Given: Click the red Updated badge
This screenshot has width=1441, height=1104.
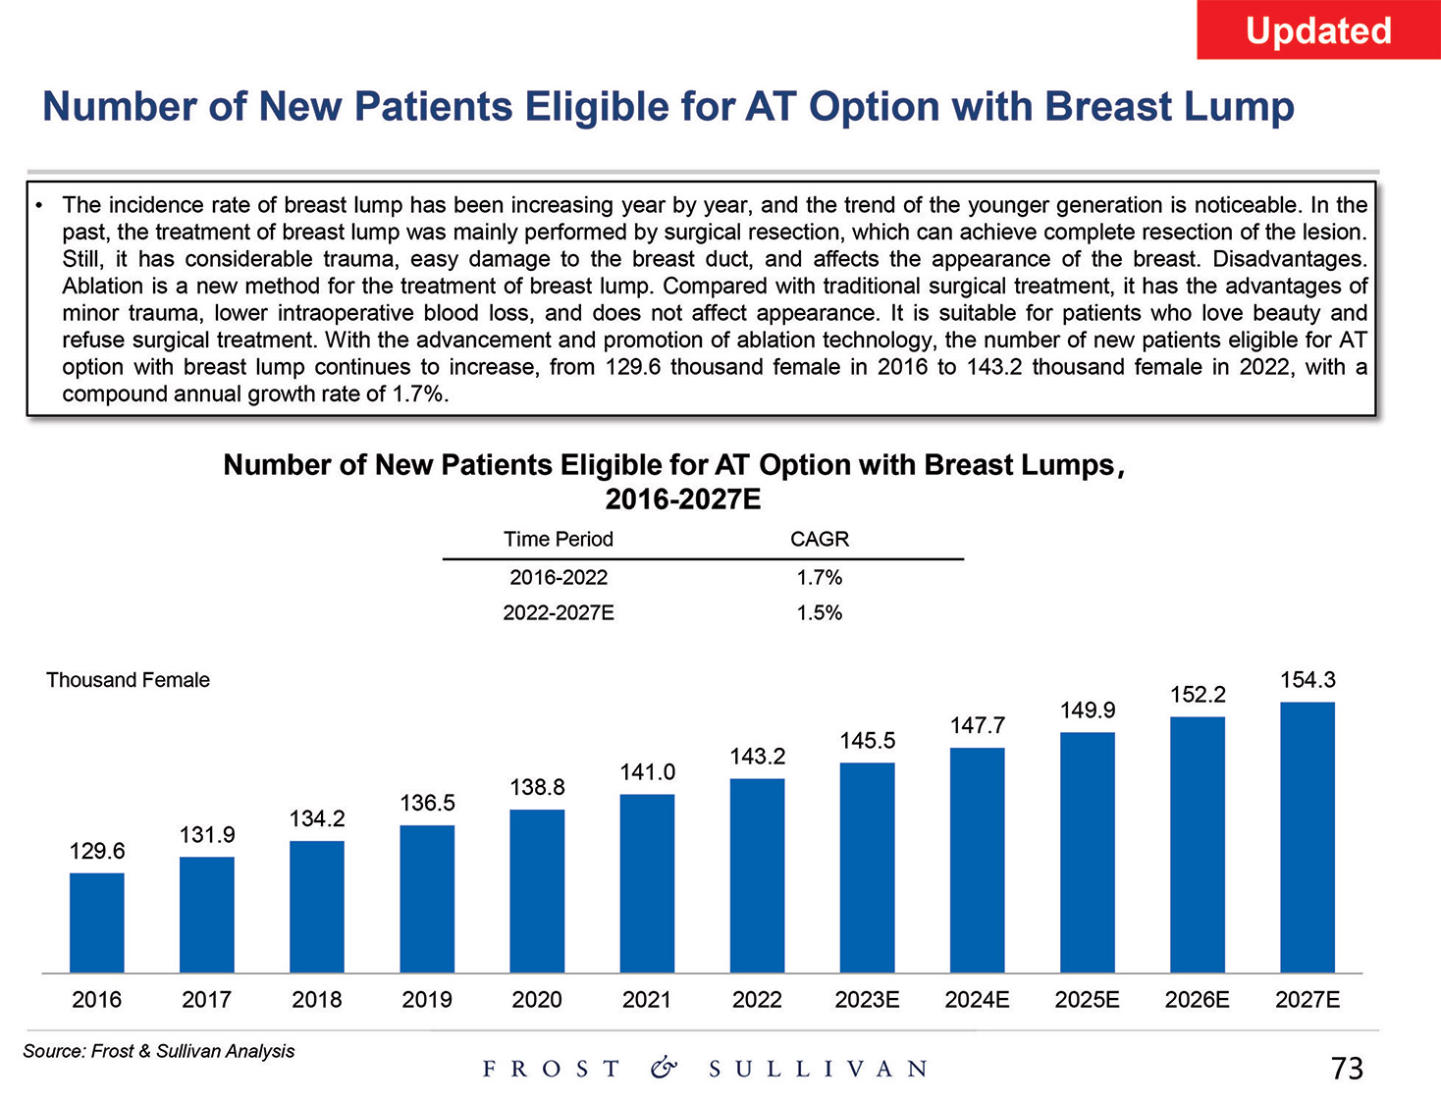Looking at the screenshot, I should [1317, 30].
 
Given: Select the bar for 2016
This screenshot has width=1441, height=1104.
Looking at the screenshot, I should [97, 922].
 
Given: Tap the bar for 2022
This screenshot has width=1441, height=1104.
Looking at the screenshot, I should [757, 875].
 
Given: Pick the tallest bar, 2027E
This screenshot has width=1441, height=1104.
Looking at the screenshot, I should [1308, 837].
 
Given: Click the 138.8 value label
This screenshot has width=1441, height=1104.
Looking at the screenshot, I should [537, 787].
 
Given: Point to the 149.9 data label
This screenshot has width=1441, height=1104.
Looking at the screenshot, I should [1088, 710].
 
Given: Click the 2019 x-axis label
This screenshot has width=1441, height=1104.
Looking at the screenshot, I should [427, 999].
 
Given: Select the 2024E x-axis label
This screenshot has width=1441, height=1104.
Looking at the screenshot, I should [977, 999].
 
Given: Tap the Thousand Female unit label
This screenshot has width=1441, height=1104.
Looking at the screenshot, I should [128, 680].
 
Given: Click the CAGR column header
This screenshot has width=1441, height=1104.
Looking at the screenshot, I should [819, 539].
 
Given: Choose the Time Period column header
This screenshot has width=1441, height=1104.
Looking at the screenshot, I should [558, 539].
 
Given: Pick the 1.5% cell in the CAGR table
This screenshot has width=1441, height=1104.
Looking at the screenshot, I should [819, 612].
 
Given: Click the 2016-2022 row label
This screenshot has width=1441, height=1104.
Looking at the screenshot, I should [558, 577].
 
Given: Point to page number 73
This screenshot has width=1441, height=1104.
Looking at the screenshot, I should [1347, 1068].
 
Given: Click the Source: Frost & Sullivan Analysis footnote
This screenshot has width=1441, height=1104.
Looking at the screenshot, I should [158, 1051].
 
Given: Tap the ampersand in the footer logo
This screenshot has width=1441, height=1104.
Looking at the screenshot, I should [664, 1068].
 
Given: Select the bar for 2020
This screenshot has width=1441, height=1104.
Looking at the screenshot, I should [537, 891].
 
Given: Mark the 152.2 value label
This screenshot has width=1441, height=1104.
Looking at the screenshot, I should [1198, 694].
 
